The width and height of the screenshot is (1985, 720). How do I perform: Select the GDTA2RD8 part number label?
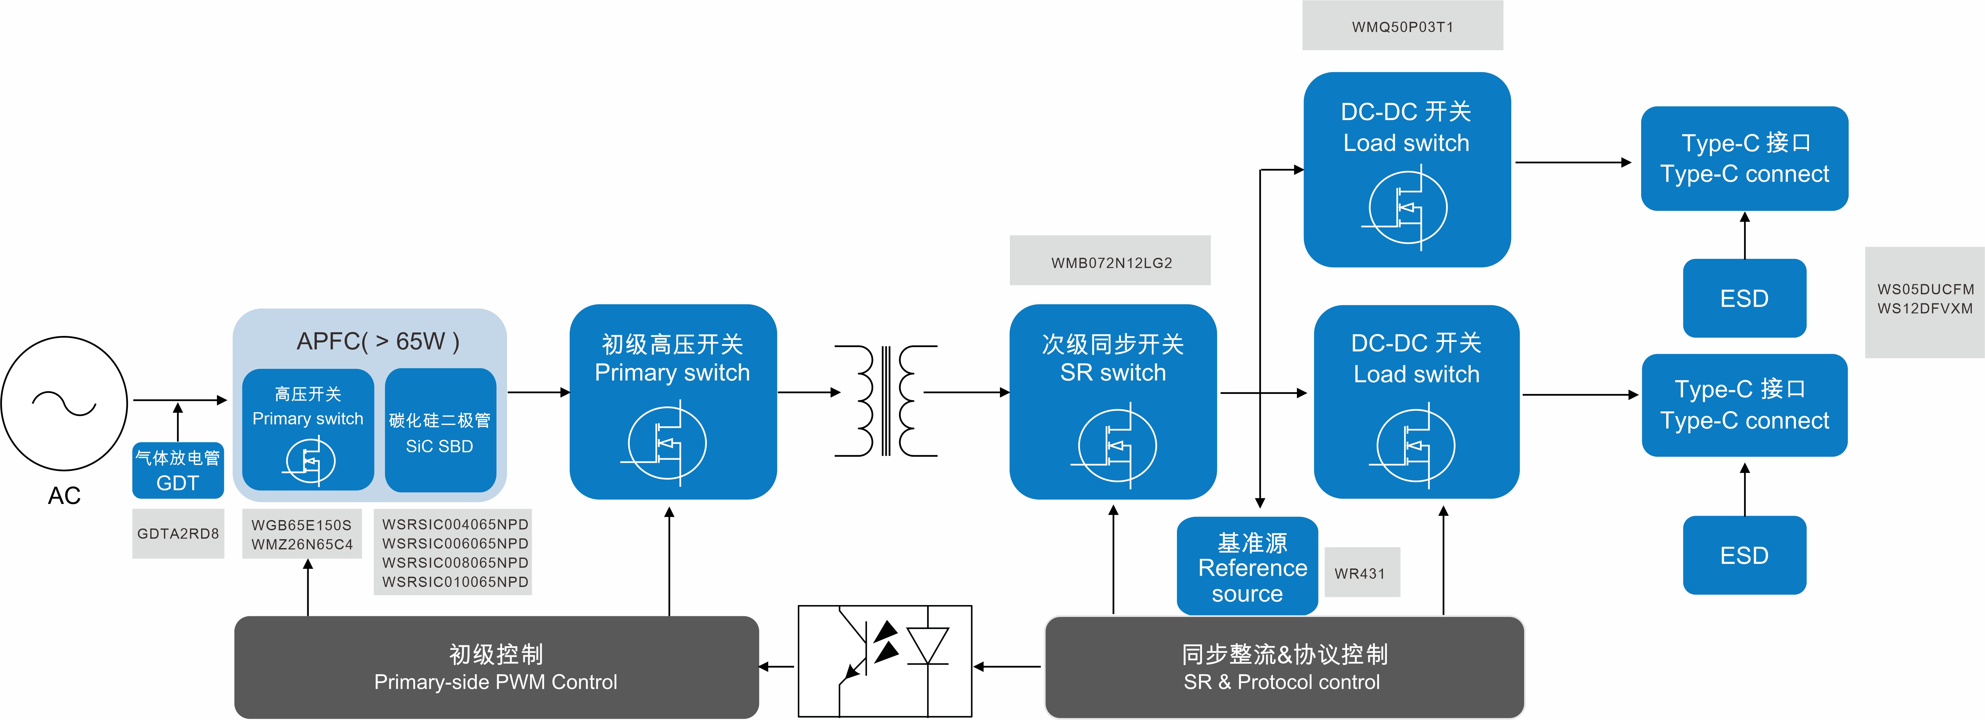coord(178,534)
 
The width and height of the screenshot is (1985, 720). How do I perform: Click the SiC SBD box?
coord(440,431)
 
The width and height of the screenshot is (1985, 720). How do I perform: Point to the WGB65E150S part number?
coord(301,525)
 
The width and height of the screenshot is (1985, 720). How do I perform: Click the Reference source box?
coord(1248,568)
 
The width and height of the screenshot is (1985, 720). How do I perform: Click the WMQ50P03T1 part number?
coord(1402,27)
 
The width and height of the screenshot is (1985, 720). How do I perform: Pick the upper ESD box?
coord(1745,298)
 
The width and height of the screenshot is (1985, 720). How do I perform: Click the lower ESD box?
coord(1745,555)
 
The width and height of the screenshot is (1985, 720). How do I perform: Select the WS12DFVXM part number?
coord(1925,309)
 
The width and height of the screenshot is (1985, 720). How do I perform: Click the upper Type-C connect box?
coord(1745,159)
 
